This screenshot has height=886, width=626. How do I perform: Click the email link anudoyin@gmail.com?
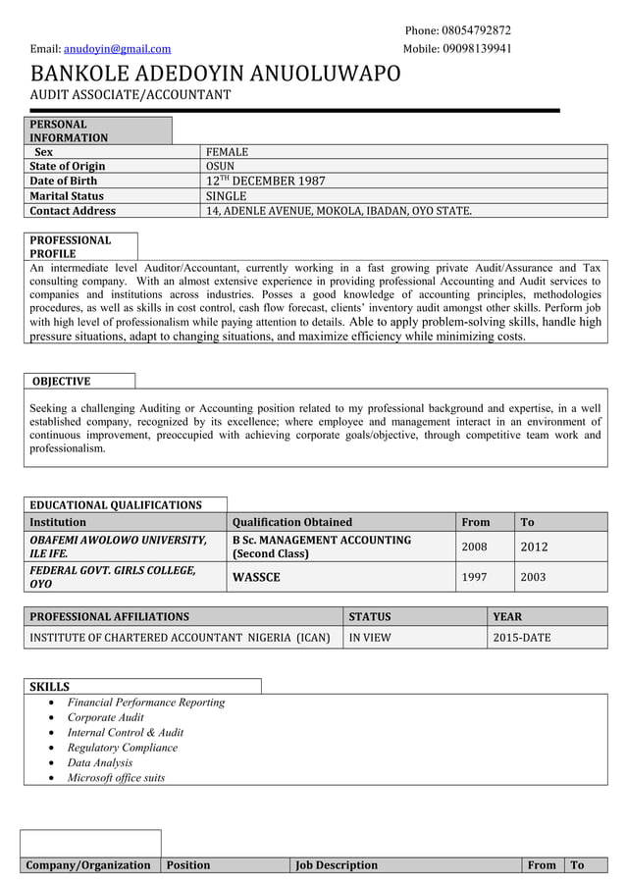pos(117,48)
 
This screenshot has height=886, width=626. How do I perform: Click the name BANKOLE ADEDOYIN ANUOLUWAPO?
pos(216,74)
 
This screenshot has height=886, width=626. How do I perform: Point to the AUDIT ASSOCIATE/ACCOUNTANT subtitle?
pos(130,95)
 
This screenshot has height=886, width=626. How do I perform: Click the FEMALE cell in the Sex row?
pos(227,152)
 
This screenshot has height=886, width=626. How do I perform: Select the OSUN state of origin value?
pos(220,167)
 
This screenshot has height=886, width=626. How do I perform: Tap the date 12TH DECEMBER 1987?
pos(265,182)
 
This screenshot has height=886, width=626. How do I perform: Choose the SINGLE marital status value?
pos(226,196)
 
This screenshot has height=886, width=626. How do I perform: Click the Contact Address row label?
pos(73,211)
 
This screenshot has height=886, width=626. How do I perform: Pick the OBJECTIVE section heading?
pos(61,381)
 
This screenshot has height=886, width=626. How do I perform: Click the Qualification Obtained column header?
pos(292,522)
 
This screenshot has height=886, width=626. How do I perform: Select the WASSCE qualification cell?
pos(256,577)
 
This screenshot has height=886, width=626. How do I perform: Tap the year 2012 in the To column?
pos(534,547)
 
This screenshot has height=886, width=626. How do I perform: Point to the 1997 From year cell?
pos(474,577)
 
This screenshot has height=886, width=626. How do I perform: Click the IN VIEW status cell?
pos(369,638)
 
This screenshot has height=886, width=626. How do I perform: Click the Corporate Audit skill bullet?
pos(105,717)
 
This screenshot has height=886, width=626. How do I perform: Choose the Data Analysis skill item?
pos(99,762)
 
